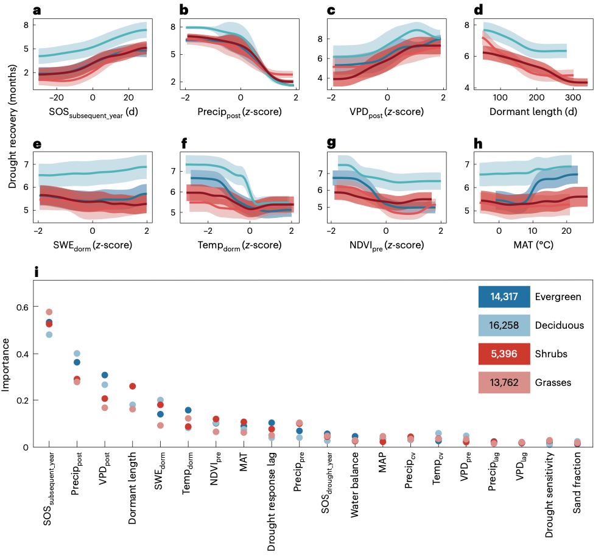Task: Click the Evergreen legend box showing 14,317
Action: pos(504,297)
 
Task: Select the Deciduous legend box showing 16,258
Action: pos(504,325)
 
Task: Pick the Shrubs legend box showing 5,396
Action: pos(504,354)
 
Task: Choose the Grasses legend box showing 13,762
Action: pos(504,382)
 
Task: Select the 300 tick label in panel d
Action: pos(572,97)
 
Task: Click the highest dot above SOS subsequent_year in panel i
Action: pos(49,312)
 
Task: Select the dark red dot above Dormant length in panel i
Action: pos(133,386)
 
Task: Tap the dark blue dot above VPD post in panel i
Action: pos(105,375)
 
